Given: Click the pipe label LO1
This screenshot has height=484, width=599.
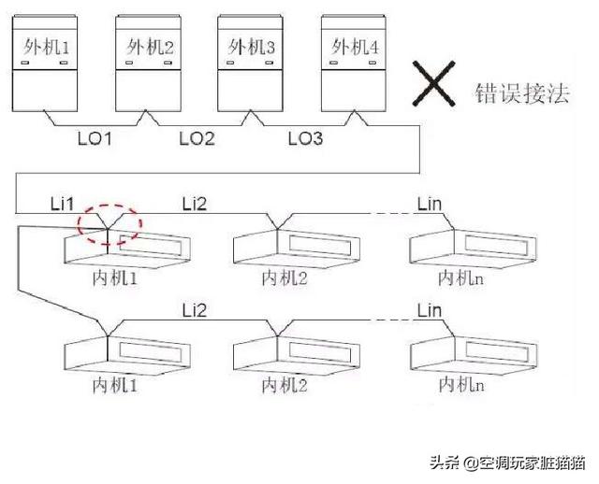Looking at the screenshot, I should click(x=95, y=140).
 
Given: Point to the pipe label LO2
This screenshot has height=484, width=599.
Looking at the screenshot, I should click(x=197, y=140).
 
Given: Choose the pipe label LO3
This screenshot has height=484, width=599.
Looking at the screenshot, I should click(x=304, y=140).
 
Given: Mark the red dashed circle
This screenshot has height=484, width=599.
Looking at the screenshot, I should click(x=110, y=224).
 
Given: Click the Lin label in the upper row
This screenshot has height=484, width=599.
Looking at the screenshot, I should click(x=428, y=204).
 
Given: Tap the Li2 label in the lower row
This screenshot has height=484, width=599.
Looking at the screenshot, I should click(x=196, y=309).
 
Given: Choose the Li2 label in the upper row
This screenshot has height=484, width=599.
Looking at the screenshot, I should click(x=196, y=204).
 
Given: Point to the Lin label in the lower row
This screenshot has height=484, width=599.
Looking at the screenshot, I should click(x=428, y=309).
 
